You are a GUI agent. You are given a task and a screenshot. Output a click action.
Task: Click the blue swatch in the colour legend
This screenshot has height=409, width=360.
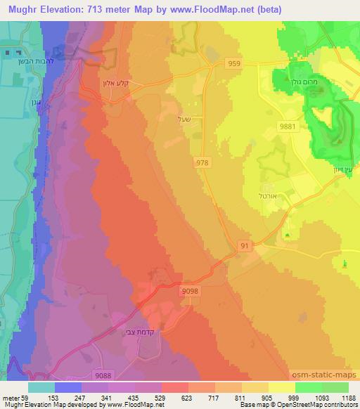(x=67, y=387)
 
